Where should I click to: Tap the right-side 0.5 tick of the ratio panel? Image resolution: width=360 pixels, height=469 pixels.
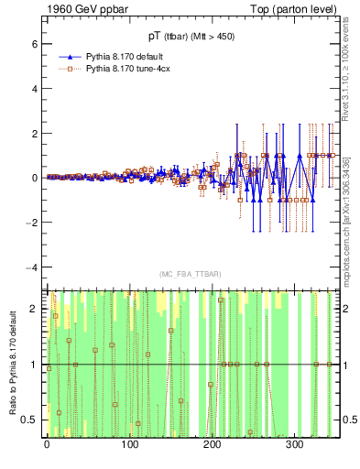tap(349, 420)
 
